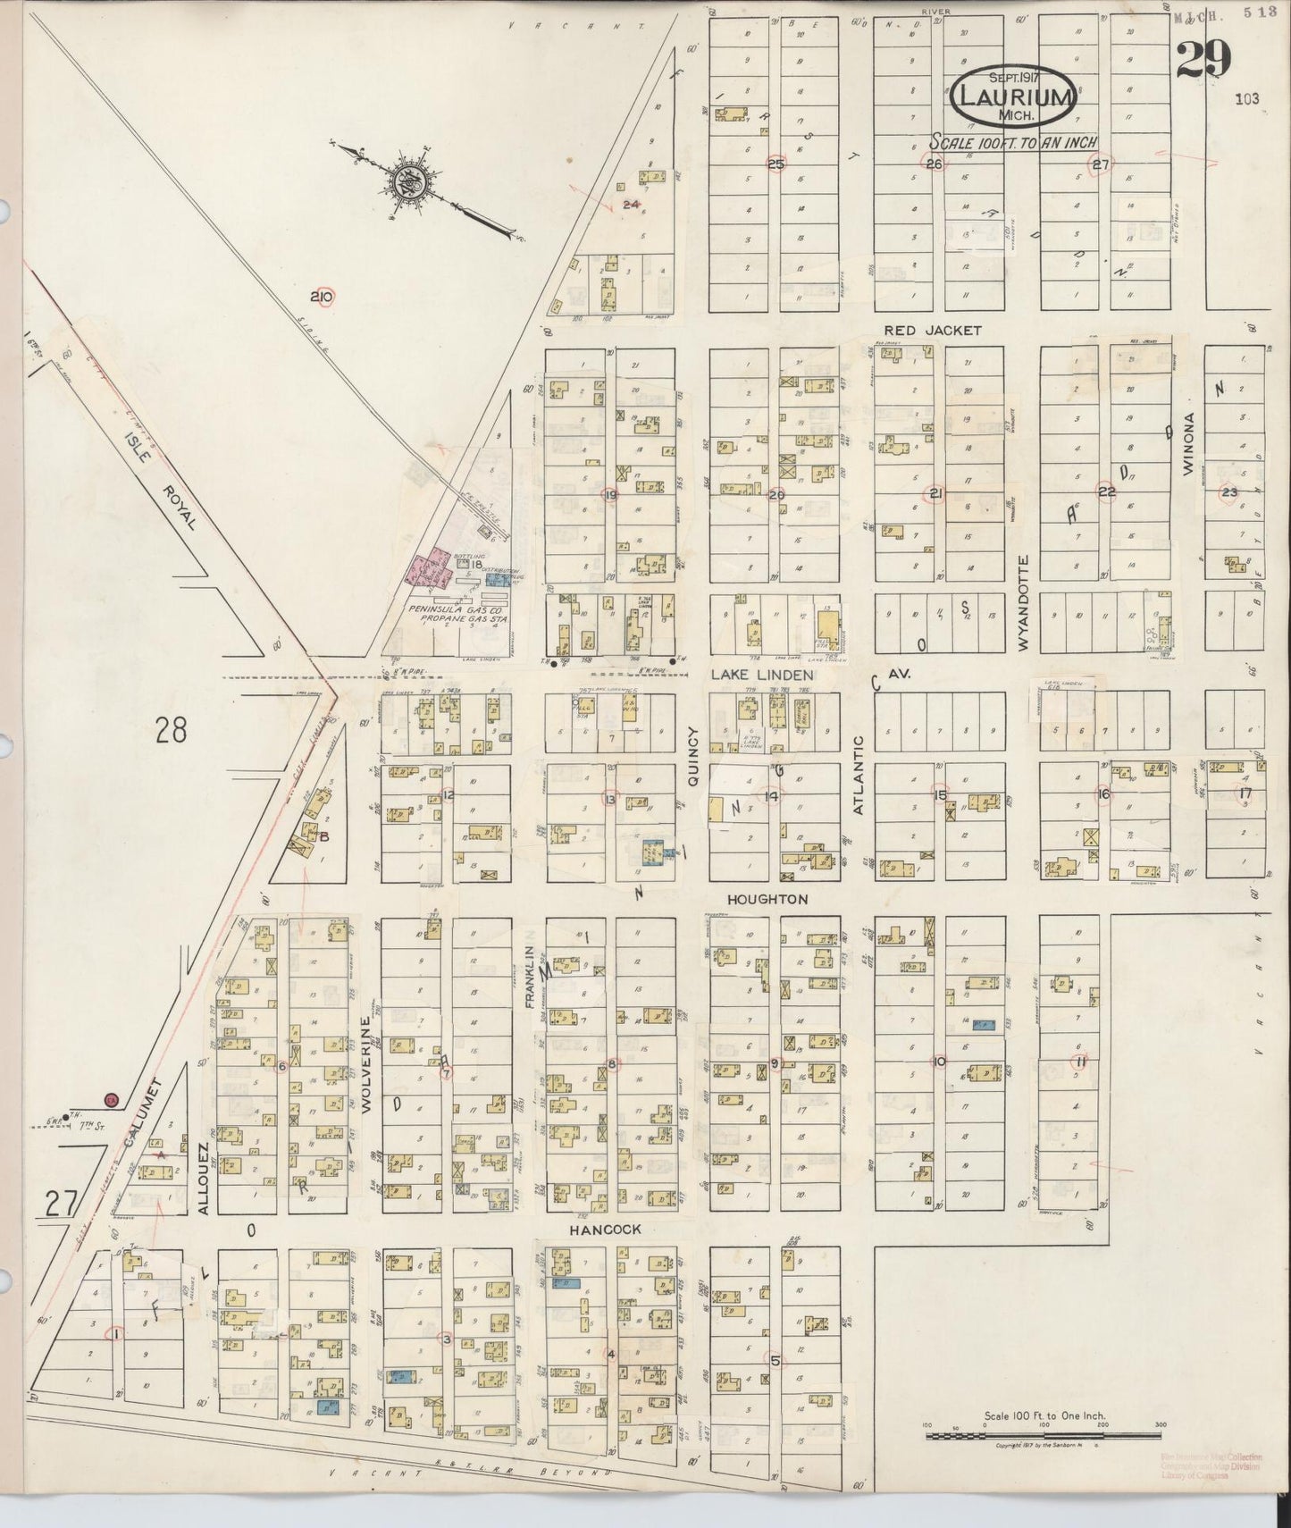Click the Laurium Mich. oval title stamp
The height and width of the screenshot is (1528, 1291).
(1012, 98)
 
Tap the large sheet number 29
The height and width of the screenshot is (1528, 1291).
(1203, 62)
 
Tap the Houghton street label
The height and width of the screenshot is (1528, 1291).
(767, 899)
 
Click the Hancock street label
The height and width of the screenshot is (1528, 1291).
(606, 1230)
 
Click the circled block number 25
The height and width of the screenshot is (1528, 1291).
(775, 164)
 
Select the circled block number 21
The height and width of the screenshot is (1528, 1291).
(935, 493)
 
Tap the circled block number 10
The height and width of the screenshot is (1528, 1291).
(938, 1062)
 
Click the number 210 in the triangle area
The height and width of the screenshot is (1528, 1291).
(321, 298)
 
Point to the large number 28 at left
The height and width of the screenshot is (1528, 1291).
(172, 731)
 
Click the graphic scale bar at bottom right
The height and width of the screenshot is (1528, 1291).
(1044, 1436)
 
